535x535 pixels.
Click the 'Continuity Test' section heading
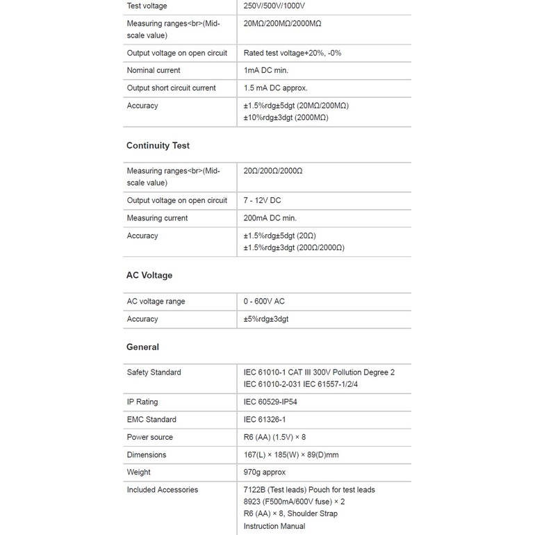coord(158,146)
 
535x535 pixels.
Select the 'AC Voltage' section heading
coord(149,276)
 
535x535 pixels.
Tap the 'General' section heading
coord(142,347)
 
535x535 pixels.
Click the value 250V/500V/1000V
coord(274,6)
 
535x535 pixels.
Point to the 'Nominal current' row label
coord(154,71)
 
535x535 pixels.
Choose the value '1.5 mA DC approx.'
coord(275,88)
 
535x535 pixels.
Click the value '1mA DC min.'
coord(265,71)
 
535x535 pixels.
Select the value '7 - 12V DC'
coord(262,201)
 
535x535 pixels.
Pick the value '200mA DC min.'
coord(270,218)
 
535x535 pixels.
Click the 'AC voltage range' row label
coord(156,302)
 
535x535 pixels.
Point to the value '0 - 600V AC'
coord(264,302)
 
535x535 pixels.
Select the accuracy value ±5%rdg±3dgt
coord(266,320)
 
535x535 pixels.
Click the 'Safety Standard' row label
coord(154,372)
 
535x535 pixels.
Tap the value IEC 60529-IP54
coord(270,402)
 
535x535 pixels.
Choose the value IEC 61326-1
coord(265,420)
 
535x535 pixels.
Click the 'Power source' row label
coord(150,438)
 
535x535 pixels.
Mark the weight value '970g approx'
coord(265,472)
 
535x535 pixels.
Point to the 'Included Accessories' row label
coord(163,490)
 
